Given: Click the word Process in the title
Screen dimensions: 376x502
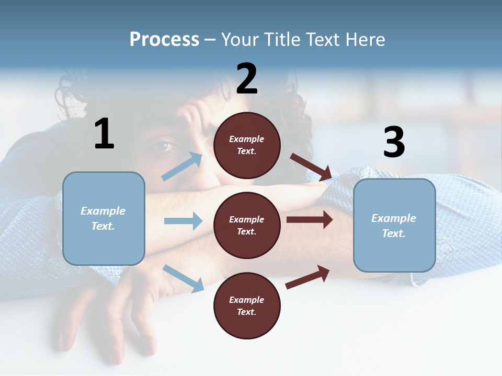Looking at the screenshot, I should coord(164,40).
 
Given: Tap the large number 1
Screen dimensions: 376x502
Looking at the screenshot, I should coord(104,134).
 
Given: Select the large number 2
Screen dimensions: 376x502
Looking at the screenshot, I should coord(247,79).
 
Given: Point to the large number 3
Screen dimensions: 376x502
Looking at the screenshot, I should coord(394,143).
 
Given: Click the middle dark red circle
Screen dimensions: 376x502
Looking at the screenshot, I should coord(247,225).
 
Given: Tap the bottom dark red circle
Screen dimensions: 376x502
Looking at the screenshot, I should coord(247,305).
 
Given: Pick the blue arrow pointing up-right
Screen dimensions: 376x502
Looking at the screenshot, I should coord(182,167).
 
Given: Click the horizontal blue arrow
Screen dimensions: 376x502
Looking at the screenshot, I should coord(183,221).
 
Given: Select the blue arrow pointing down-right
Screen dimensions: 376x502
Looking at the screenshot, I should coord(183,278).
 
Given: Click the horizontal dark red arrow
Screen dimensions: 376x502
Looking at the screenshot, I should coord(310,219).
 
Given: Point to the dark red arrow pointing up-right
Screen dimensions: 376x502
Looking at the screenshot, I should coord(307,277).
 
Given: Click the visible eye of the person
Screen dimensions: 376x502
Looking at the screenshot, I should coord(163,147).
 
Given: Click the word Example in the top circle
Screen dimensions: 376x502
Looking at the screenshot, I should coord(246,139).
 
